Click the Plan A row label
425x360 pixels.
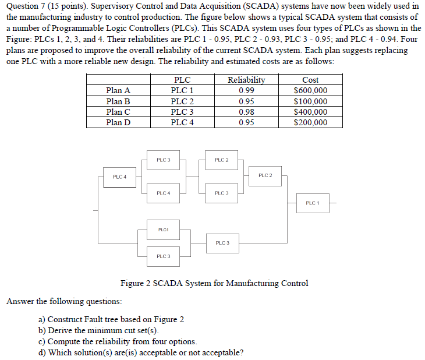pyautogui.click(x=118, y=90)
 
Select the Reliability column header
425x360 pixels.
pyautogui.click(x=246, y=80)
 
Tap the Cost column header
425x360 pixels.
pyautogui.click(x=310, y=80)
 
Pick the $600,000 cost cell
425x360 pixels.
pyautogui.click(x=310, y=90)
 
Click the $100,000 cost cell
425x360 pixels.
pyautogui.click(x=310, y=101)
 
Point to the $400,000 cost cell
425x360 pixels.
pyautogui.click(x=310, y=112)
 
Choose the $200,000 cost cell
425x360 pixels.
pyautogui.click(x=310, y=122)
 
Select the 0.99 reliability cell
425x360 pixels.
pyautogui.click(x=246, y=90)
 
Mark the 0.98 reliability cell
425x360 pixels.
pyautogui.click(x=246, y=112)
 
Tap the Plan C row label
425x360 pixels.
pyautogui.click(x=118, y=112)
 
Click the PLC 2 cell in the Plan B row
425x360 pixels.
pyautogui.click(x=182, y=101)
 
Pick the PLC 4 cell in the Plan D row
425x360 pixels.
pyautogui.click(x=182, y=122)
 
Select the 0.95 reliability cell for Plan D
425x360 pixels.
pyautogui.click(x=246, y=122)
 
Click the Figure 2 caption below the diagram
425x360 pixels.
pyautogui.click(x=214, y=284)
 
